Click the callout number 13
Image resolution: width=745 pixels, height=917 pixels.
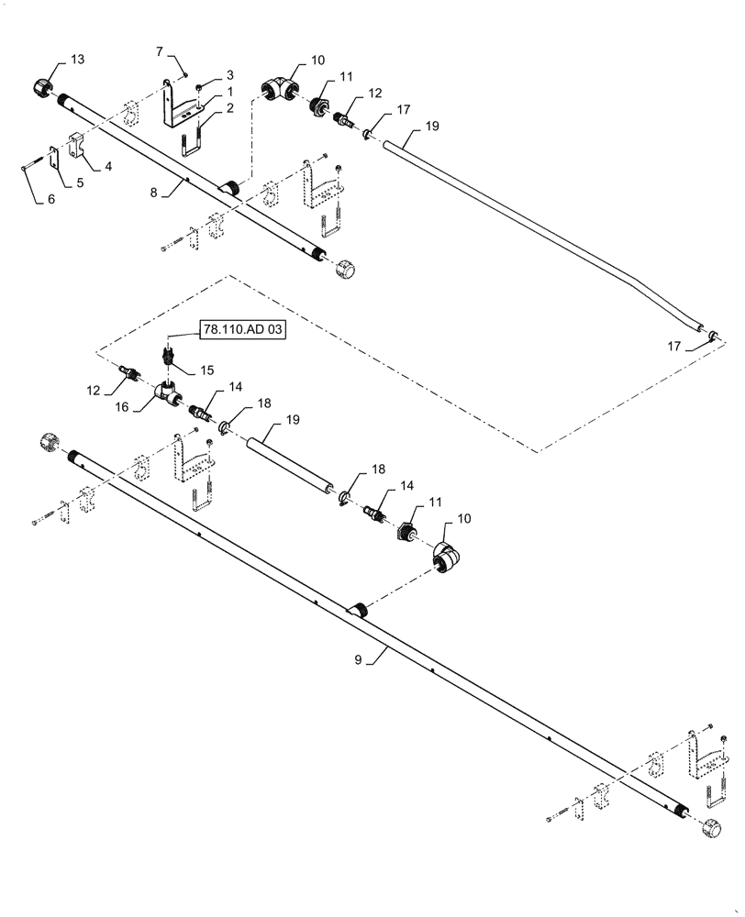tap(77, 60)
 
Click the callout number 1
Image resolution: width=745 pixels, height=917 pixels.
tap(229, 93)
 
